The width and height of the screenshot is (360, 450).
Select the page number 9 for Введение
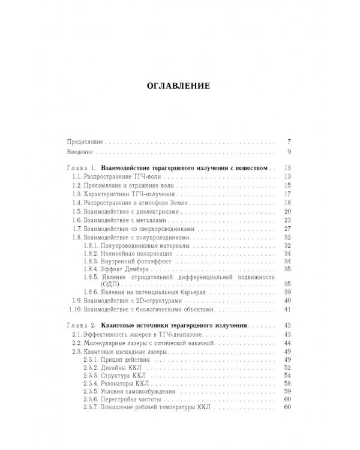pyautogui.click(x=289, y=151)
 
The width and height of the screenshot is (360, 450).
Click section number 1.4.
pyautogui.click(x=76, y=203)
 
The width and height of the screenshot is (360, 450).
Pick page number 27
pyautogui.click(x=287, y=229)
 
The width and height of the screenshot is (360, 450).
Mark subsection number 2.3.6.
pyautogui.click(x=96, y=400)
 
